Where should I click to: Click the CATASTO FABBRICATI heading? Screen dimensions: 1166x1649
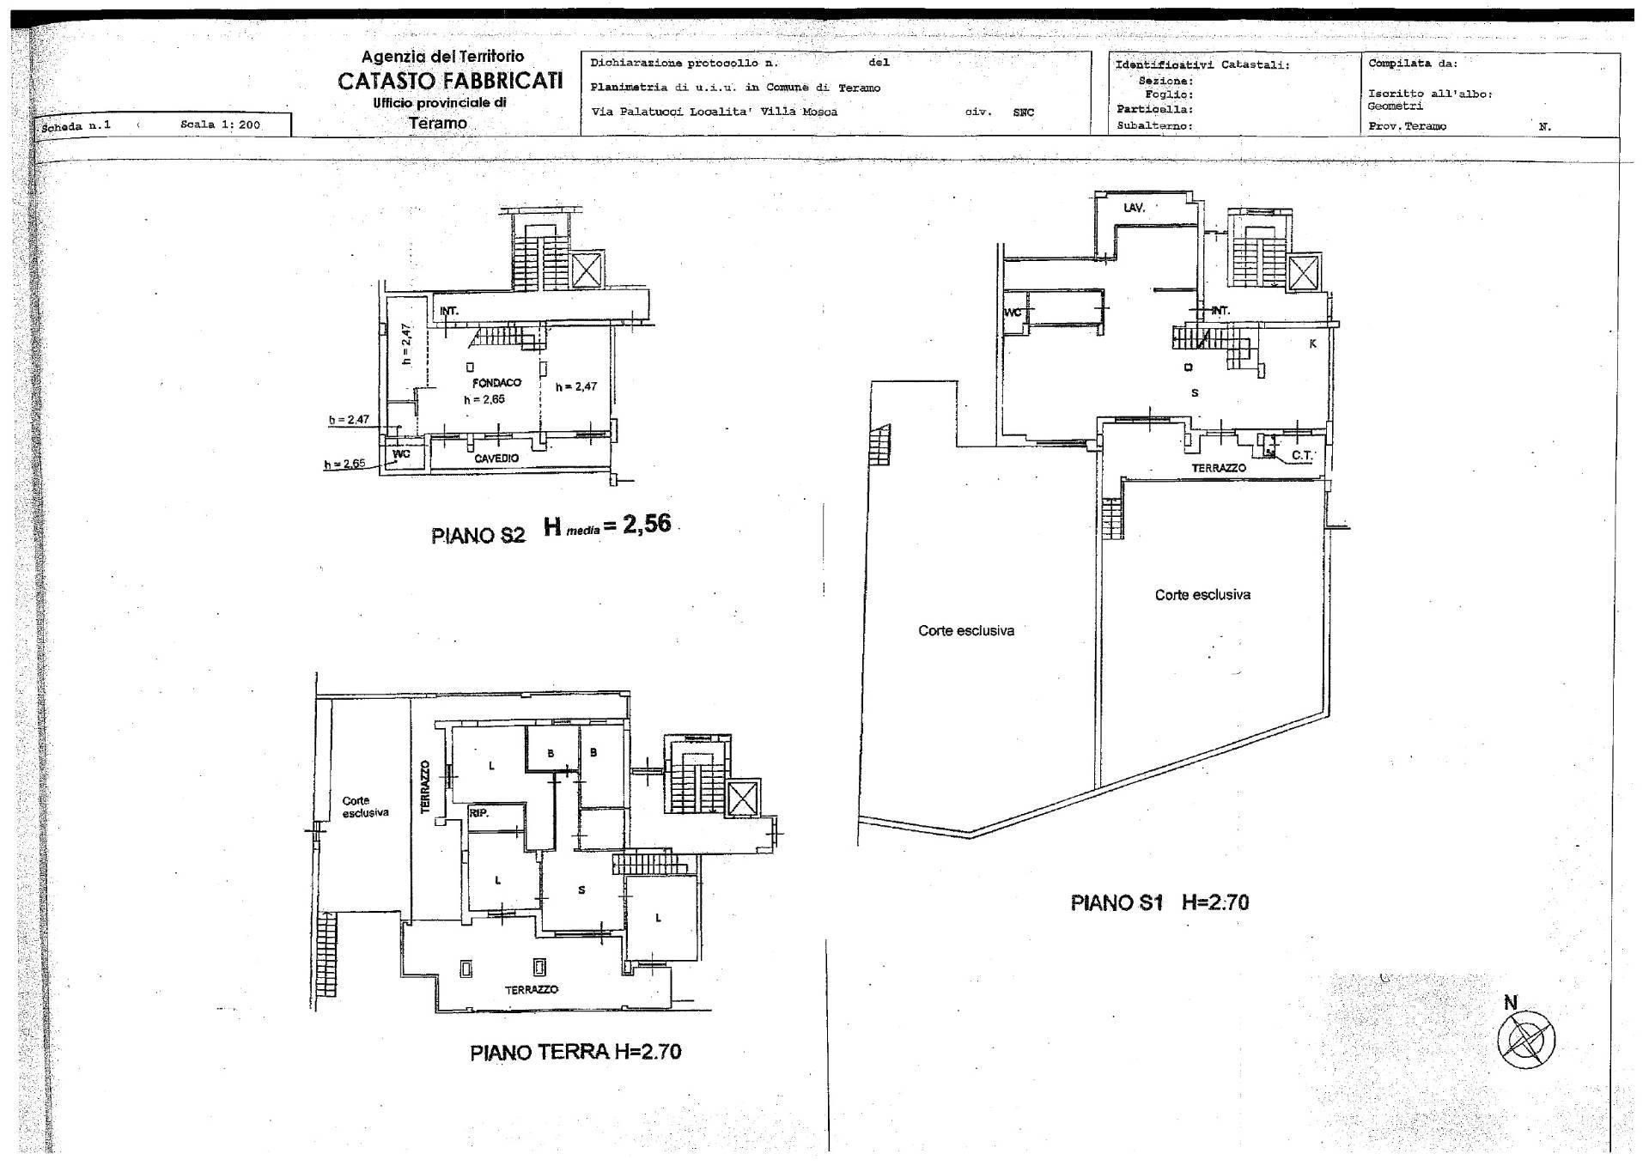(450, 81)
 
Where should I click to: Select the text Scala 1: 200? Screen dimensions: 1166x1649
(220, 124)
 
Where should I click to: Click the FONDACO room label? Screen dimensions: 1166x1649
(496, 382)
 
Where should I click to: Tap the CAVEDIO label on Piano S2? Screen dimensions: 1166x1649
(496, 459)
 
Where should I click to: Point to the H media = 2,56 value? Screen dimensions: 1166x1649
(607, 525)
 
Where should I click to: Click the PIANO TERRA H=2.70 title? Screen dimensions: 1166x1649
(575, 1052)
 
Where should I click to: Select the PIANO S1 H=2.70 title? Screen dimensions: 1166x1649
(1159, 902)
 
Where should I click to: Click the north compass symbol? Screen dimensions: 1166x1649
(1525, 1040)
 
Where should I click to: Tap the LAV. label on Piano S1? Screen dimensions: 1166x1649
(1135, 208)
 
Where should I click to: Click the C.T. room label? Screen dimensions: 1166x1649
(1302, 455)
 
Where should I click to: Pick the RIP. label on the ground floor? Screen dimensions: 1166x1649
(479, 812)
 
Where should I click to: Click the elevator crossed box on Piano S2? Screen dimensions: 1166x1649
(587, 270)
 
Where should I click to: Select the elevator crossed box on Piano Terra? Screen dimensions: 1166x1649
(743, 799)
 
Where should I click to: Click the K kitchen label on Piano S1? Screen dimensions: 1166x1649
(1312, 343)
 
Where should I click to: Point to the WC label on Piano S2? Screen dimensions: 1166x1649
(401, 453)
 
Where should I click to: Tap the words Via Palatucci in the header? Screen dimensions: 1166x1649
(628, 112)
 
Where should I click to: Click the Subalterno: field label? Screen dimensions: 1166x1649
(1154, 125)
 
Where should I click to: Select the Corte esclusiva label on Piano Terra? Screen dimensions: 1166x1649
(365, 806)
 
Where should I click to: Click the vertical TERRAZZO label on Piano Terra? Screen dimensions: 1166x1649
(424, 786)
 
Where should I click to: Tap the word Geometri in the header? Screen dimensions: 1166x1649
(1395, 106)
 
